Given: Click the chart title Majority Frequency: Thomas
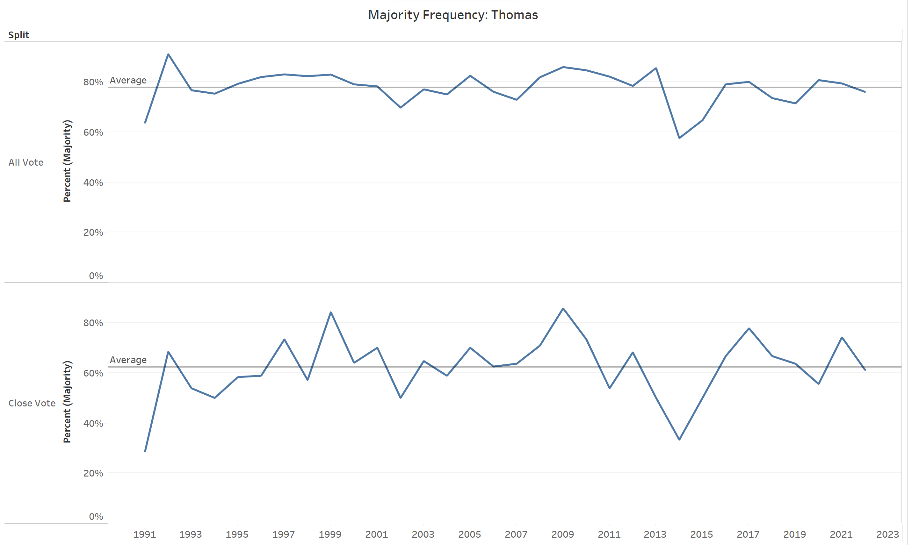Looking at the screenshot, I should coord(452,15).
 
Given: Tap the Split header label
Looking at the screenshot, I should coord(19,35).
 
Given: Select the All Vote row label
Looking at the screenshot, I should coord(26,162).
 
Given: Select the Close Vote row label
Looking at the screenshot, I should coord(32,403).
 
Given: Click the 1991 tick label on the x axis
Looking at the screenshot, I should coord(145,534).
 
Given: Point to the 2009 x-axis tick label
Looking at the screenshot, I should coord(563,534).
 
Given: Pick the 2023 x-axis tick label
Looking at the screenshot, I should coord(888,534).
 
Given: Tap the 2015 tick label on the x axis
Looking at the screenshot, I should coord(702,534).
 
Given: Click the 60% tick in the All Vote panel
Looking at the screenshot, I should coord(93,132).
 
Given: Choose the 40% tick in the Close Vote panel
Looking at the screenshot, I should coord(93,423).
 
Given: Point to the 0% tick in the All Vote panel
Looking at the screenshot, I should coord(96,276).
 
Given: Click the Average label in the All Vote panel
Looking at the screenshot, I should coord(128,80).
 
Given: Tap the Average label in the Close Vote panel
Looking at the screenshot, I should coord(128,360).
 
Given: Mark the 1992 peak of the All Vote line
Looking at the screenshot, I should coord(168,54).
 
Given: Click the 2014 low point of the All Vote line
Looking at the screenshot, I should coord(679,138).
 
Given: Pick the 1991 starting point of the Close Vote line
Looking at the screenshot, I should coord(145,451).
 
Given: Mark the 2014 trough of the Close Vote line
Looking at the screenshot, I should coord(679,439).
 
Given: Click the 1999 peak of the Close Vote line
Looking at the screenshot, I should coord(331,312).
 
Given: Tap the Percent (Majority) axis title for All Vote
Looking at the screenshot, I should coord(67,161).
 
